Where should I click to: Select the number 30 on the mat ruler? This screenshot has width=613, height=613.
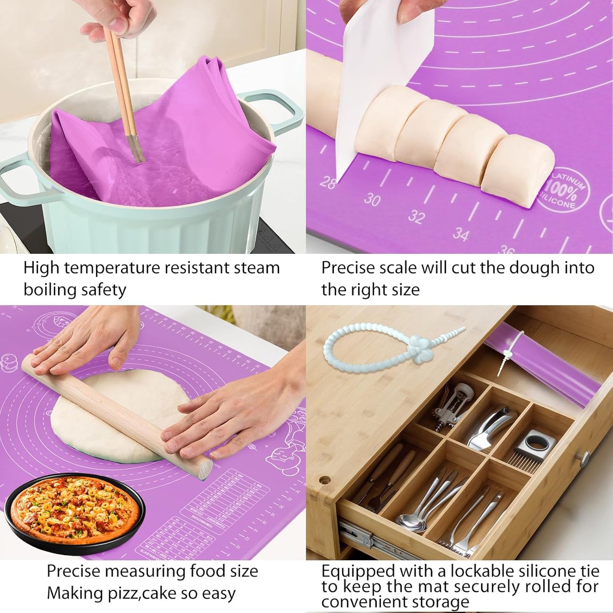(372, 199)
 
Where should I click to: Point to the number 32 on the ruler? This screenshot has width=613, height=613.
(417, 217)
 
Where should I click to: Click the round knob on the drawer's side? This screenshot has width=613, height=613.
(585, 458)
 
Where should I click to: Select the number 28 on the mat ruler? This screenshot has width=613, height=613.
(327, 182)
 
